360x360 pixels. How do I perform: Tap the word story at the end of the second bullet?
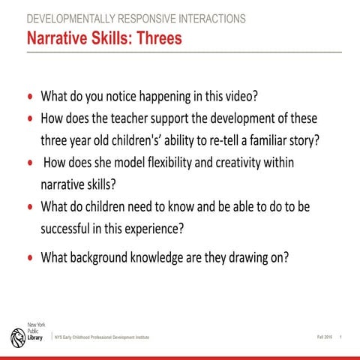point(304,140)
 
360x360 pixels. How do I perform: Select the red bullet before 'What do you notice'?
point(30,98)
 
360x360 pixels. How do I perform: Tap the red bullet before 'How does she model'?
point(30,163)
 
